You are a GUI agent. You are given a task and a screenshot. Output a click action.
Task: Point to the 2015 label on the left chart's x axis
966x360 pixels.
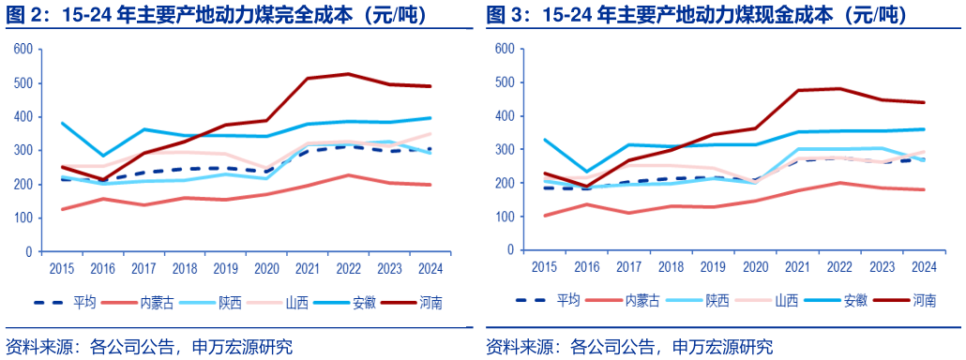(x=62, y=267)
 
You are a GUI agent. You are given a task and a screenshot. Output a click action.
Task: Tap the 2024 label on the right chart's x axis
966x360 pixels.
(x=921, y=267)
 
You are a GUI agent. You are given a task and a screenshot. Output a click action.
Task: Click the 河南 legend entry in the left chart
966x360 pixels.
(x=431, y=302)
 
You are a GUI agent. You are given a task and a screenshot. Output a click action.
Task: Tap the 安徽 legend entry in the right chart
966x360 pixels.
(x=854, y=301)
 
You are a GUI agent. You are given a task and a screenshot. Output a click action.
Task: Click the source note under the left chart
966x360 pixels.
(x=149, y=346)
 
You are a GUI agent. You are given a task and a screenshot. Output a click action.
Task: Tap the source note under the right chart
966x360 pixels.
(x=629, y=346)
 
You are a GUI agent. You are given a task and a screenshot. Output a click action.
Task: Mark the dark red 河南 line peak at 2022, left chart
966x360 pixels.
(x=348, y=74)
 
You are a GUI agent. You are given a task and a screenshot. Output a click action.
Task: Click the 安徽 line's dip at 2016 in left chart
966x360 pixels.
(x=103, y=156)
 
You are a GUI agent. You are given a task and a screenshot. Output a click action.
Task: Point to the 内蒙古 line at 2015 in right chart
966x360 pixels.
(x=544, y=216)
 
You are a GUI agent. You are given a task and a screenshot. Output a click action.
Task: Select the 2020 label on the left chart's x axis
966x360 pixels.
(x=266, y=267)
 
